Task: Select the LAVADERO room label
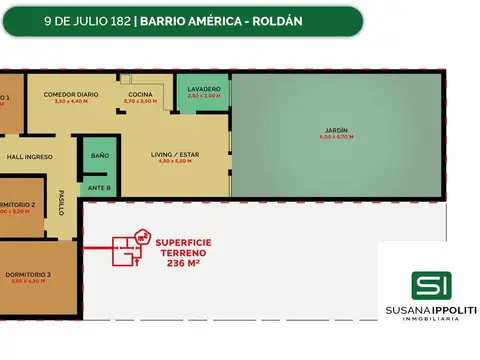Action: [204, 89]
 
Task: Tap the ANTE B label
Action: [98, 186]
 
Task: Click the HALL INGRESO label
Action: [29, 157]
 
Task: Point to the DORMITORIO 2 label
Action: [19, 204]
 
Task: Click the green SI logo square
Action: [431, 286]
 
